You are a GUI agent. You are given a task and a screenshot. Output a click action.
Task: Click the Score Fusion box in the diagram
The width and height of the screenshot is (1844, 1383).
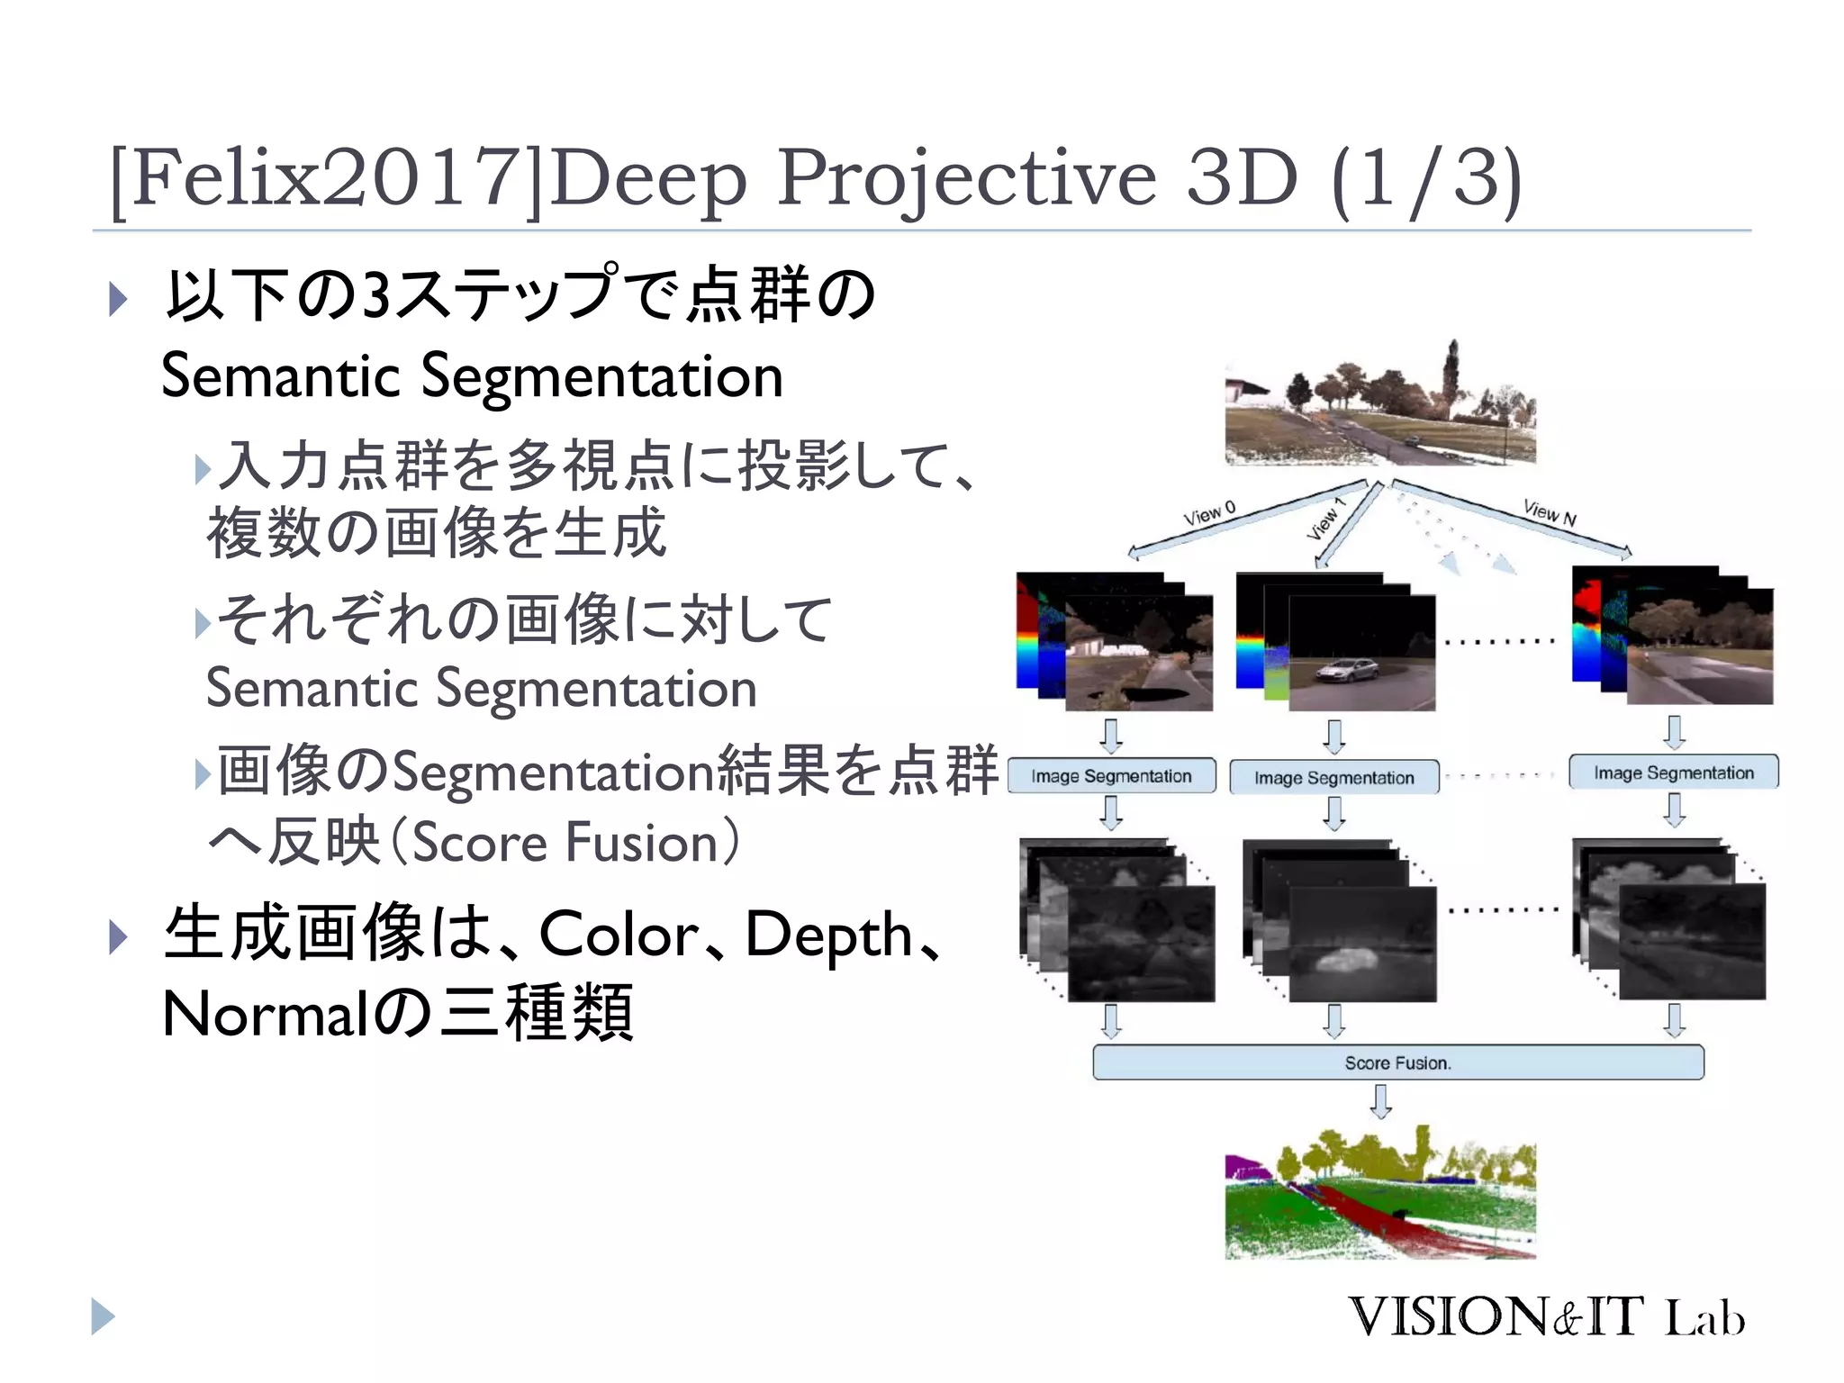tap(1397, 1062)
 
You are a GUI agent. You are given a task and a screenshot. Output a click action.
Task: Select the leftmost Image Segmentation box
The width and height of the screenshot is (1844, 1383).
tap(1111, 776)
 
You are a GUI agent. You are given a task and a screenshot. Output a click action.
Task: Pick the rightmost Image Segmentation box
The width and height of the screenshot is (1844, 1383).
tap(1673, 773)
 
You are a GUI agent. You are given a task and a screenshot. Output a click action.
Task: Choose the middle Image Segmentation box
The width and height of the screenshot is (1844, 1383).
tap(1333, 778)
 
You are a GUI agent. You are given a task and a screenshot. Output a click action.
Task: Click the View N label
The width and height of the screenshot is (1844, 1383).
tap(1550, 513)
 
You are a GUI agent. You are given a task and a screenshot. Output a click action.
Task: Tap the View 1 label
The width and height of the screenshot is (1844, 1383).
tap(1324, 520)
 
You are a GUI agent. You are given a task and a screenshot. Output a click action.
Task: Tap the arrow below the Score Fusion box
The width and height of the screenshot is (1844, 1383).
tap(1380, 1100)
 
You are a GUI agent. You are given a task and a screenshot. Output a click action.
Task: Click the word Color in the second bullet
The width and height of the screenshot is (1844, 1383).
tap(619, 935)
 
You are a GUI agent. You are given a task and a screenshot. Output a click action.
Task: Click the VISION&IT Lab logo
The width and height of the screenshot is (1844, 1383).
tap(1545, 1317)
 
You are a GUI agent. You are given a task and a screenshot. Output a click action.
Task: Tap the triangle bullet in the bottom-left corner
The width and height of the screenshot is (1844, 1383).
tap(103, 1316)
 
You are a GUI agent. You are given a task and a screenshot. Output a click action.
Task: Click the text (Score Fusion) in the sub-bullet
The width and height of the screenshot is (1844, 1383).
tap(565, 843)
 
